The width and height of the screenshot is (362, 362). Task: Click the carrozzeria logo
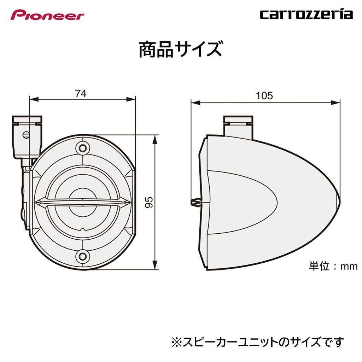point(306,14)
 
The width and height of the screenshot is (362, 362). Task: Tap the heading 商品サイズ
point(180,49)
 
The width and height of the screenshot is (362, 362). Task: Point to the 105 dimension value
point(264,95)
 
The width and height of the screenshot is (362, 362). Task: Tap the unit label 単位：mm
point(333,266)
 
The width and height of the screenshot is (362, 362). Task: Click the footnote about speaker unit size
point(257,342)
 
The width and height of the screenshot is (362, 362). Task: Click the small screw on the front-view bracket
point(25,135)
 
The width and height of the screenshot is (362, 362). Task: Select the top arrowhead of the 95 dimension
point(154,139)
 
